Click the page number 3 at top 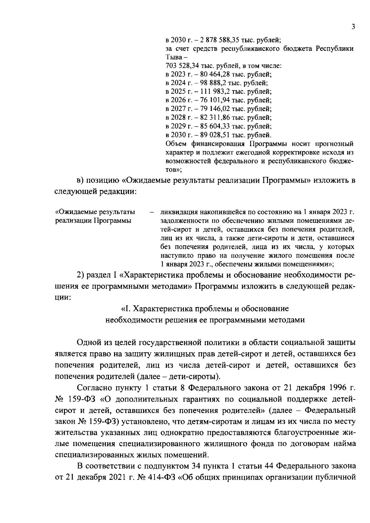click(353, 27)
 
